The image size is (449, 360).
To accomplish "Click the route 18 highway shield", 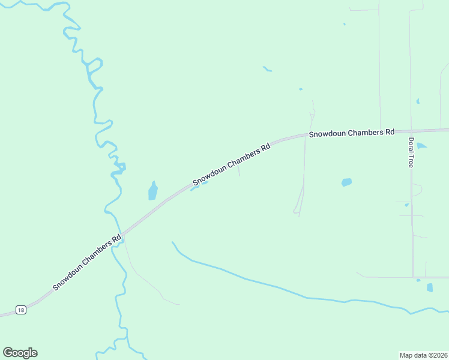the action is [22, 310].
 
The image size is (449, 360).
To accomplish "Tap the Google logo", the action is [20, 353].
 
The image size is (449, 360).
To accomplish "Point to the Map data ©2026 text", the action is [423, 355].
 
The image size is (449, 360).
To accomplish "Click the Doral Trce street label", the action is [411, 152].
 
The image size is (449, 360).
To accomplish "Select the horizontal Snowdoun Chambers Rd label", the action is [352, 133].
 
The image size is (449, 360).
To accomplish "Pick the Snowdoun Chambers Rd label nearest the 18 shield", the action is [87, 262].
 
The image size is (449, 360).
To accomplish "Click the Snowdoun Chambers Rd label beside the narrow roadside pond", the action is [231, 164].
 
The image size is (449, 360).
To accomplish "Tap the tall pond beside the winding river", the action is [152, 191].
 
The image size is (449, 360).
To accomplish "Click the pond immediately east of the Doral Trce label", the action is [421, 146].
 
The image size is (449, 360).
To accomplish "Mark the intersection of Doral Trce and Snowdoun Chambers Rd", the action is [411, 130].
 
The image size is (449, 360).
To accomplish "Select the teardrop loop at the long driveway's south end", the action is [297, 209].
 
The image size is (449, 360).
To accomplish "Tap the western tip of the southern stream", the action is [172, 242].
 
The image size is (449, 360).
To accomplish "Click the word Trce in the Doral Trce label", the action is [411, 161].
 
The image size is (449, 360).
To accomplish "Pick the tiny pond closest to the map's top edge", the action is [345, 24].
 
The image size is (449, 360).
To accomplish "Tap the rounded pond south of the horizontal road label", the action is [346, 182].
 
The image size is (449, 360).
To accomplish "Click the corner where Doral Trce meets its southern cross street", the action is [413, 277].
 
